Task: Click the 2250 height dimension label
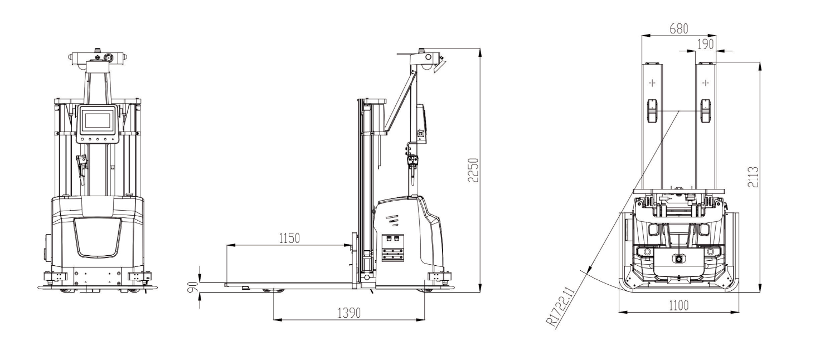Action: pos(473,170)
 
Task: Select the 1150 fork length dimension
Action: pos(289,239)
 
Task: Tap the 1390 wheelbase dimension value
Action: pos(349,313)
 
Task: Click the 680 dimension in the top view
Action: pos(679,28)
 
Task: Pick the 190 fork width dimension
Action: pos(706,44)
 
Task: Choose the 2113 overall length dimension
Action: pos(754,177)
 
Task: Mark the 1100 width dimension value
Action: pos(678,305)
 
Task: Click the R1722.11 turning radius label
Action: pos(560,307)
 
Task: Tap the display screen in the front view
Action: pos(98,120)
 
